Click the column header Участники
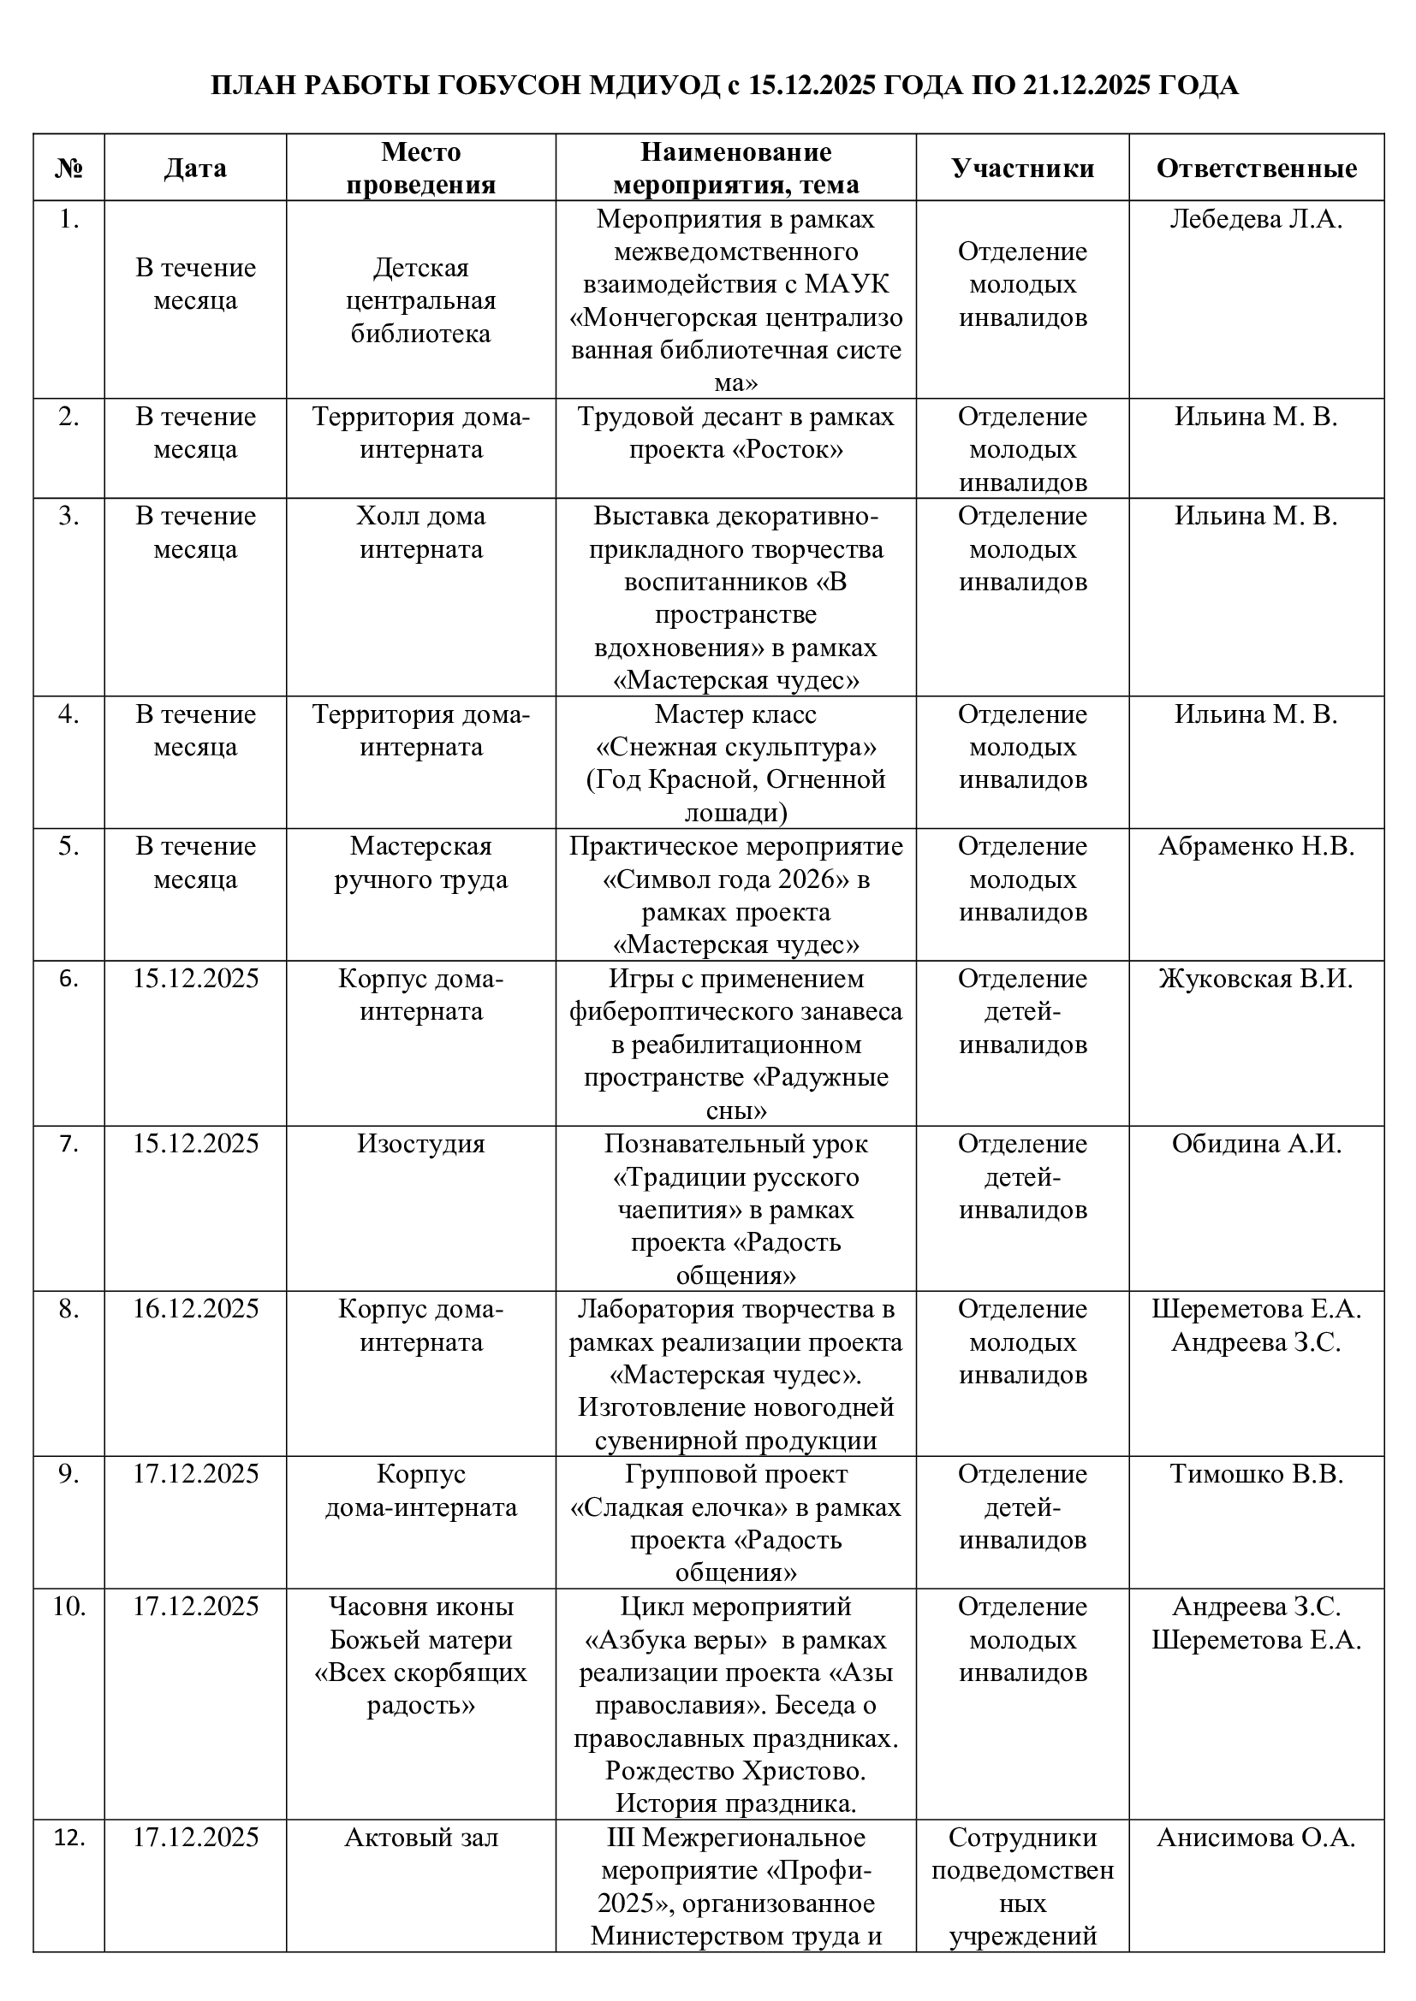(x=1022, y=169)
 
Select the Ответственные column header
(x=1256, y=169)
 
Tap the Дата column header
(x=195, y=169)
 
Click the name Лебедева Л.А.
(x=1256, y=220)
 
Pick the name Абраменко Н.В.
(x=1256, y=846)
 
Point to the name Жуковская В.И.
(x=1256, y=979)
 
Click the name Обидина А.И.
(x=1256, y=1144)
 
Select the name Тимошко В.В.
(x=1256, y=1474)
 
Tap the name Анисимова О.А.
(x=1256, y=1837)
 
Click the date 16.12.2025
(x=195, y=1308)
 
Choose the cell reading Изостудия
(x=420, y=1144)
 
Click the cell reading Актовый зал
(x=420, y=1837)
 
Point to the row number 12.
(x=68, y=1837)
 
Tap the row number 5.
(x=68, y=846)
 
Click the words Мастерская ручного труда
(x=420, y=863)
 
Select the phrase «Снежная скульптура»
(x=735, y=747)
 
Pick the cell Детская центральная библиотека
(x=420, y=300)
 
